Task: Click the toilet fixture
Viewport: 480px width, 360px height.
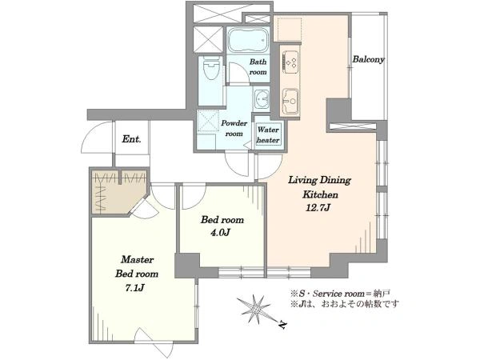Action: tap(211, 67)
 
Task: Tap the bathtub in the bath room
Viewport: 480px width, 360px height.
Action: tap(248, 41)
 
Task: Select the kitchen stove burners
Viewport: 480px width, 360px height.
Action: tap(290, 62)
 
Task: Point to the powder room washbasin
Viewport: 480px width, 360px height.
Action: tap(261, 99)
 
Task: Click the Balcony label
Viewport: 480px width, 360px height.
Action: tap(368, 59)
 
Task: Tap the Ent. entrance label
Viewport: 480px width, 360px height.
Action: tap(132, 139)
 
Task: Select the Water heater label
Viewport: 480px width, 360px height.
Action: tap(268, 135)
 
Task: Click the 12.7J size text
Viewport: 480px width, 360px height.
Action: tap(318, 208)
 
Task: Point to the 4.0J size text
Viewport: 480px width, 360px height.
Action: tap(220, 233)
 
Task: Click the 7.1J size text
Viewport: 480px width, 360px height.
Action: tap(134, 288)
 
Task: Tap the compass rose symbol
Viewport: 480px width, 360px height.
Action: tap(254, 309)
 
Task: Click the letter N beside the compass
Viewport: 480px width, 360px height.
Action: tap(283, 325)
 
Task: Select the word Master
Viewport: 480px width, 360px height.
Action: tap(137, 259)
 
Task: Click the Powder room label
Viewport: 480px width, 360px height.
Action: tap(234, 129)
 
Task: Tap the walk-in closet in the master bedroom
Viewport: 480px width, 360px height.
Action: tap(118, 192)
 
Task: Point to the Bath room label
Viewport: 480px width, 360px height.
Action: tap(258, 67)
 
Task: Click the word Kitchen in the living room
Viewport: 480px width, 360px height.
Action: tap(320, 194)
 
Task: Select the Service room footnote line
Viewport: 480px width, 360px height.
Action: tap(340, 294)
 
